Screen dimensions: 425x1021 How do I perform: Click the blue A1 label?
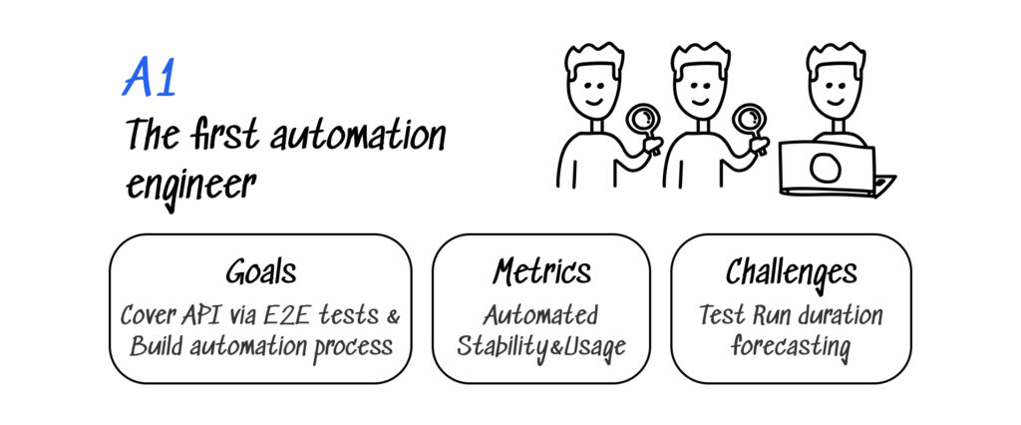[150, 81]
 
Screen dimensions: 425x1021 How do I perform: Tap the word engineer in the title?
[189, 185]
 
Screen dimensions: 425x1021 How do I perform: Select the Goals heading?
[260, 271]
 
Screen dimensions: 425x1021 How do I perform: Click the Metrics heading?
[540, 271]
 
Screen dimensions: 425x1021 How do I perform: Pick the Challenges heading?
[790, 271]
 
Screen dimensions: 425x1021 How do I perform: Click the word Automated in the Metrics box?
[540, 316]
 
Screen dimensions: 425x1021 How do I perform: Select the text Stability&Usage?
[540, 347]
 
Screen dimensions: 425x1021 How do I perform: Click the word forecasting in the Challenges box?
[790, 347]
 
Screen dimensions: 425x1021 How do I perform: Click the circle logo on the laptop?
[826, 167]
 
